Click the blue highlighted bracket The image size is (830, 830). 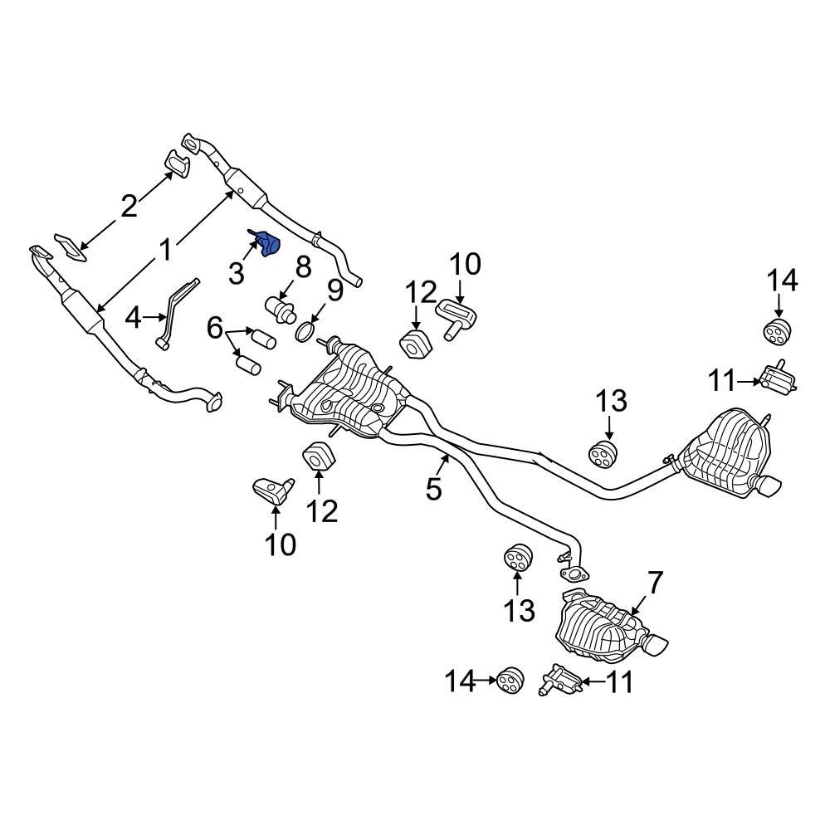[267, 243]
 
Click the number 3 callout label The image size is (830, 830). [237, 273]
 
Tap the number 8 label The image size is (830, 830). [302, 267]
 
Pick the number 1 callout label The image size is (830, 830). [166, 249]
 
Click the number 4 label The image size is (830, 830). [134, 316]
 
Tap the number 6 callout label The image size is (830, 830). [215, 330]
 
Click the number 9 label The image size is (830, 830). [334, 290]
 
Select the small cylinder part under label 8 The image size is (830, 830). [281, 310]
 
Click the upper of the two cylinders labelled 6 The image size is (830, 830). [263, 338]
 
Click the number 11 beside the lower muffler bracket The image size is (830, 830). [619, 682]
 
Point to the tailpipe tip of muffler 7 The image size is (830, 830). [657, 643]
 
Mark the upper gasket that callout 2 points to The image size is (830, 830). [176, 164]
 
